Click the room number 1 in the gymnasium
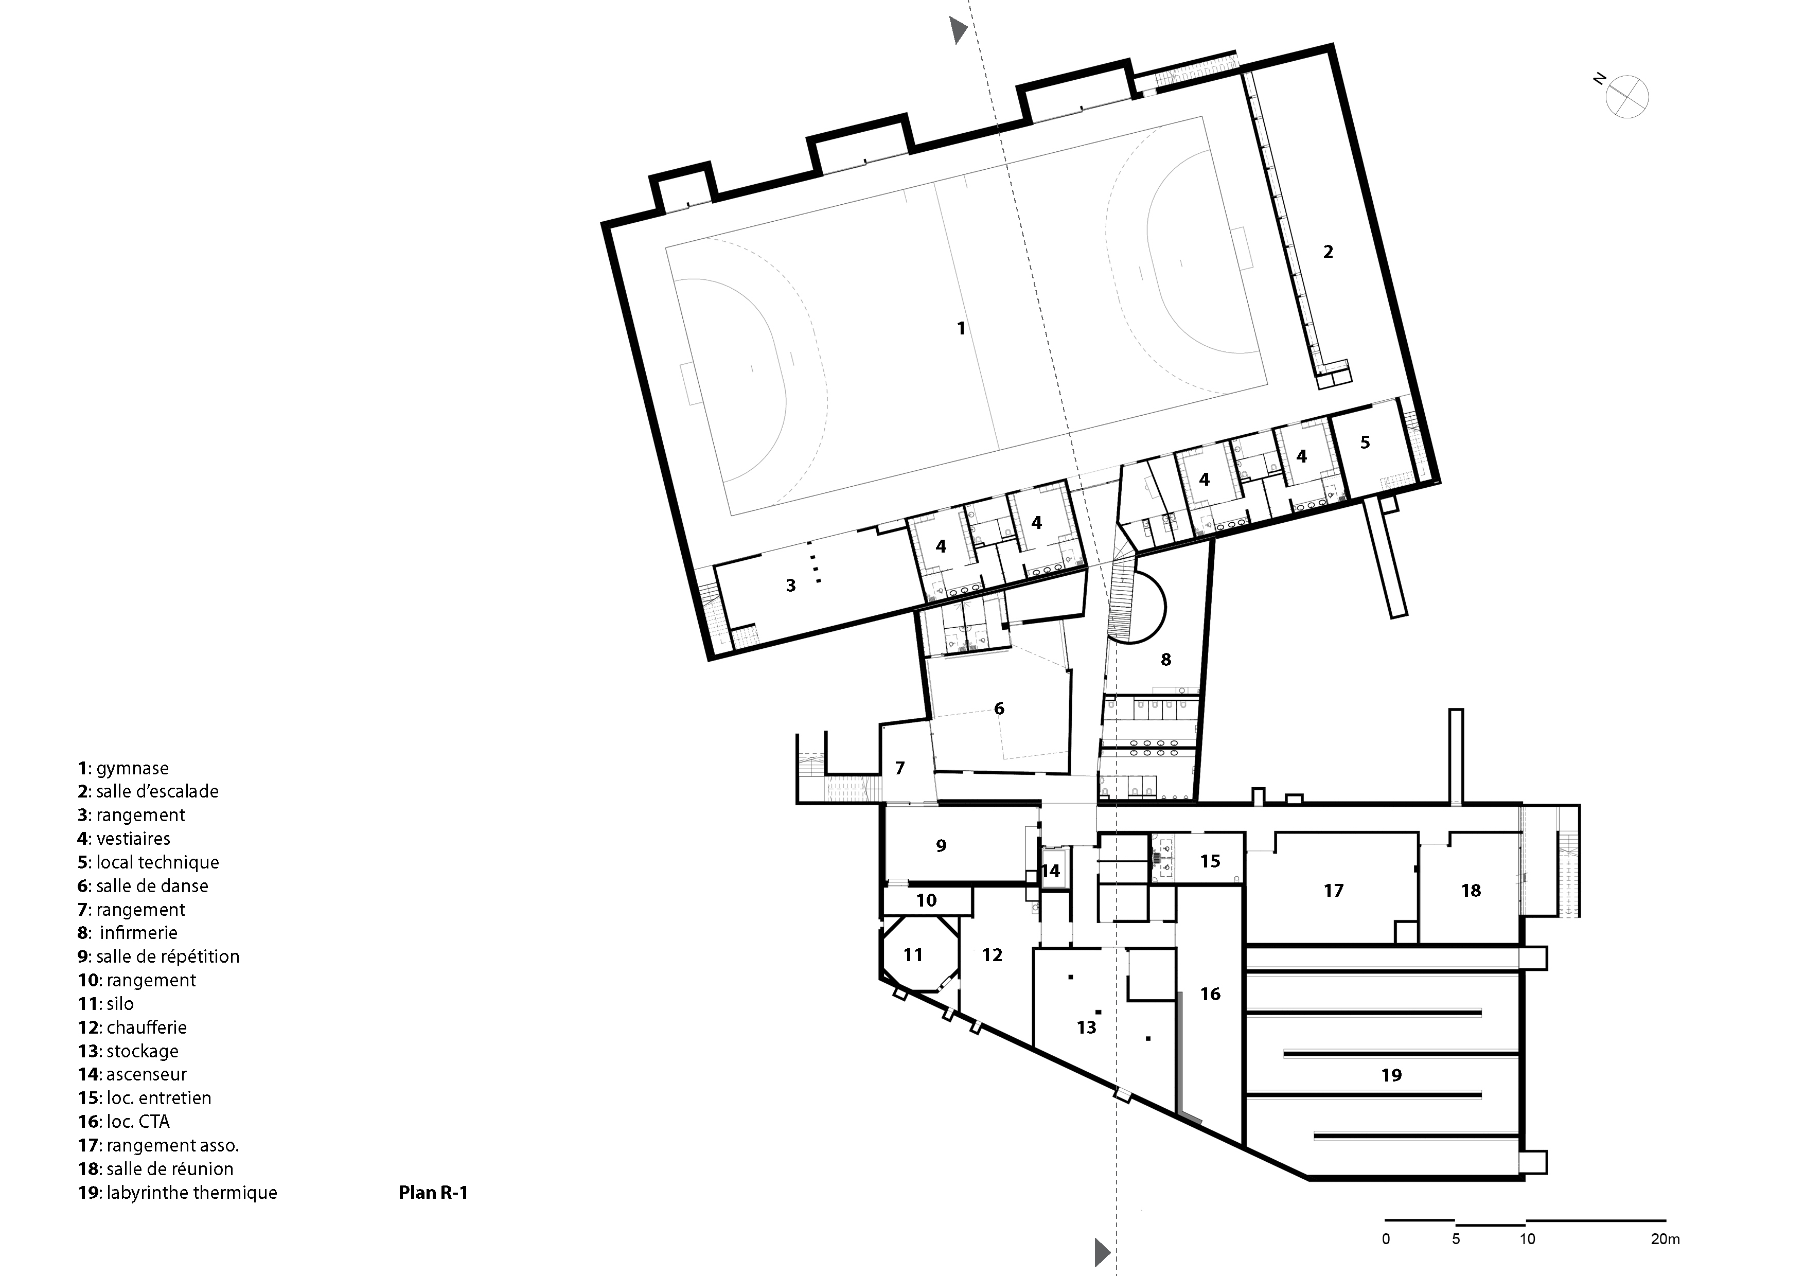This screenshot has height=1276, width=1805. tap(961, 328)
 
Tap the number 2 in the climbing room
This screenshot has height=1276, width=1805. tap(1328, 252)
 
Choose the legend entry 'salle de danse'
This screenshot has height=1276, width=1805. tap(143, 886)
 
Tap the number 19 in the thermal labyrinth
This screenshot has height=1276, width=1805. tap(1391, 1075)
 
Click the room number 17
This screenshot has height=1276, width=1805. tap(1333, 890)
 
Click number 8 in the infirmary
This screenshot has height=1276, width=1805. tap(1166, 660)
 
